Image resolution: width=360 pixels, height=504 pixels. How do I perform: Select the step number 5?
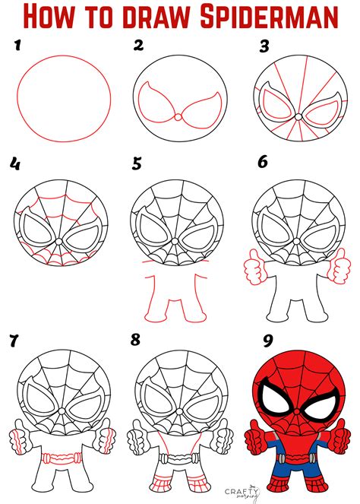pyautogui.click(x=137, y=163)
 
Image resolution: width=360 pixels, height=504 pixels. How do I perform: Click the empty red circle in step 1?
pyautogui.click(x=64, y=95)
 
